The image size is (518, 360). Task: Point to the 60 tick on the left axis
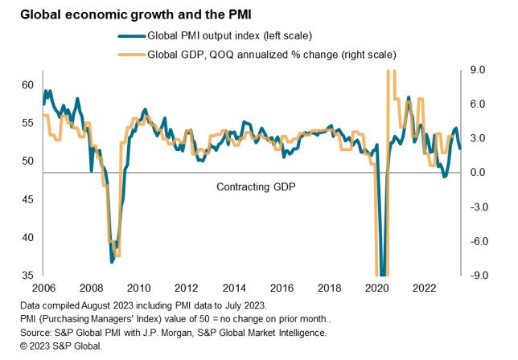pyautogui.click(x=27, y=84)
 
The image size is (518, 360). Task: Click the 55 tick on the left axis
pyautogui.click(x=27, y=123)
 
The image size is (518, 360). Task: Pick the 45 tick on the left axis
pyautogui.click(x=27, y=199)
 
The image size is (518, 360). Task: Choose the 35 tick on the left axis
pyautogui.click(x=27, y=276)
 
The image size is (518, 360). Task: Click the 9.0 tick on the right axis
pyautogui.click(x=478, y=71)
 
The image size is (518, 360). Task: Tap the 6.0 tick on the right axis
pyautogui.click(x=478, y=104)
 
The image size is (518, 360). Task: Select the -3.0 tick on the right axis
pyautogui.click(x=476, y=207)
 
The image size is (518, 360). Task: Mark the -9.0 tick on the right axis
pyautogui.click(x=476, y=276)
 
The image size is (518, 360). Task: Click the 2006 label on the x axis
pyautogui.click(x=43, y=288)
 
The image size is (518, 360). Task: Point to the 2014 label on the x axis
pyautogui.click(x=234, y=288)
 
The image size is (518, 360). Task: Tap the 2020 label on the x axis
pyautogui.click(x=376, y=288)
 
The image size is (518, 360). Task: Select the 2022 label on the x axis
pyautogui.click(x=424, y=288)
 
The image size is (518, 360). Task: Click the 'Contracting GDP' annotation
pyautogui.click(x=255, y=186)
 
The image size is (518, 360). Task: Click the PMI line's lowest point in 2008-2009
pyautogui.click(x=112, y=261)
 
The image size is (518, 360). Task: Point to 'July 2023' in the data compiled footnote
pyautogui.click(x=245, y=306)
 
